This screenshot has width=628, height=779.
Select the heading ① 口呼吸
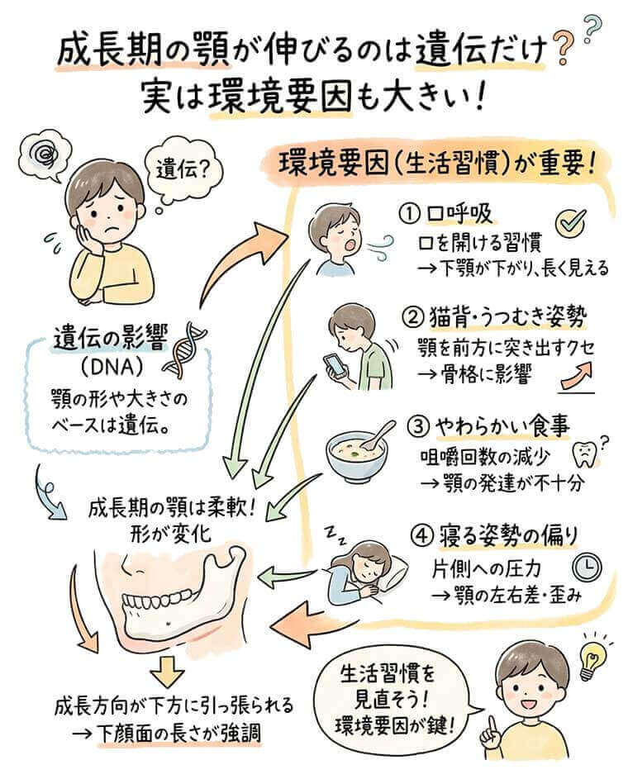[x=446, y=215]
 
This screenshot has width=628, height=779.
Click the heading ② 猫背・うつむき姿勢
[x=497, y=316]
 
